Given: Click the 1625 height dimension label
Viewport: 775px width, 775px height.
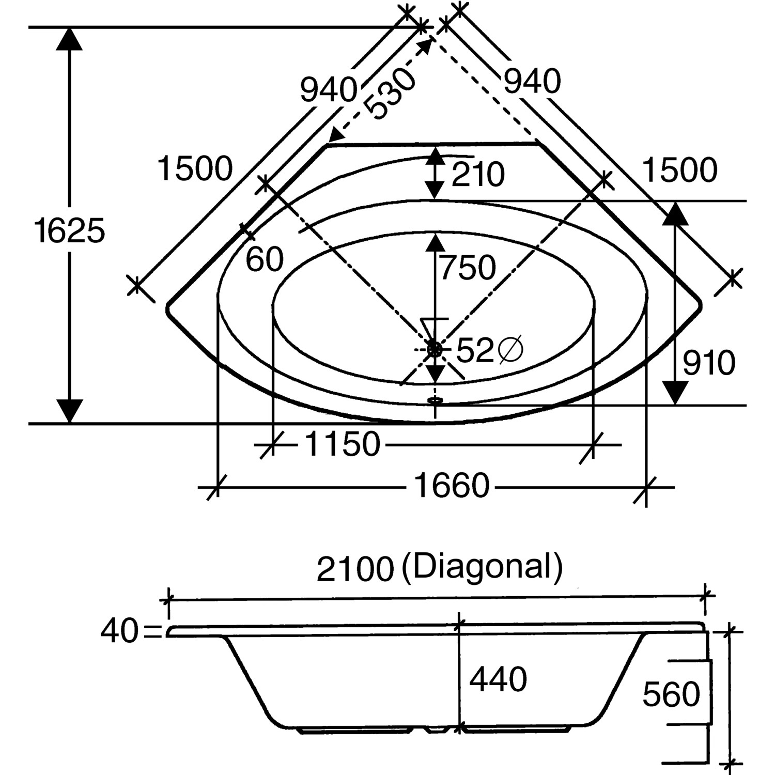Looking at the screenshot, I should [69, 230].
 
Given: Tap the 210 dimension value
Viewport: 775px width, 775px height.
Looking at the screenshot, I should [477, 175].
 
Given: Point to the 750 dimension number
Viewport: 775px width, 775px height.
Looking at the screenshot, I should [467, 268].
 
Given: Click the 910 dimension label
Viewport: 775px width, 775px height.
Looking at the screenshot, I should [708, 363].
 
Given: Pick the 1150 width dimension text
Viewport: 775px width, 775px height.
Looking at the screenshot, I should [343, 444].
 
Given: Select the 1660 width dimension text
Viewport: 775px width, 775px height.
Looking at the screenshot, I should [452, 486].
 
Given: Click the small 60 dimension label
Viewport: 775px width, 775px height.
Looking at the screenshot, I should [265, 259].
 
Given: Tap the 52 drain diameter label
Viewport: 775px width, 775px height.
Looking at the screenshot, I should [475, 351].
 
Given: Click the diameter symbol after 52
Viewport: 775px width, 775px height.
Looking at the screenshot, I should [510, 351].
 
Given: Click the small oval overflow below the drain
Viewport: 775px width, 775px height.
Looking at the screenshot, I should [436, 399].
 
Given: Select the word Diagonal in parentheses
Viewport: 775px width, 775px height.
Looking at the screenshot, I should [482, 567].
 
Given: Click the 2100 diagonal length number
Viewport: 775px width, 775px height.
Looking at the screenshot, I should [355, 569].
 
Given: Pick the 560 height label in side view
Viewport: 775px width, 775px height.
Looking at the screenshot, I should [671, 694].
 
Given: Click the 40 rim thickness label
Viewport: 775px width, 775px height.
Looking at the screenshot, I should [119, 631].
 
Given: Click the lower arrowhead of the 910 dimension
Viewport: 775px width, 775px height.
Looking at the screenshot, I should [675, 393].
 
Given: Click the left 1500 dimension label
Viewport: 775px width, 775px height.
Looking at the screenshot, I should [195, 169].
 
